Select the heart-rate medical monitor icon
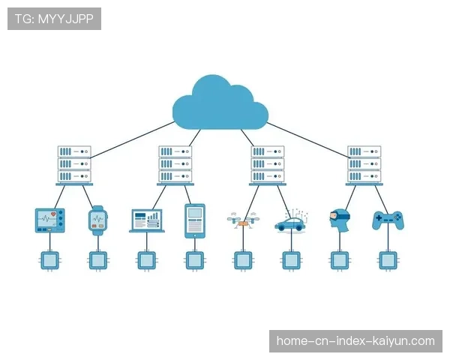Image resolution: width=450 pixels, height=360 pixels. pos(50,219)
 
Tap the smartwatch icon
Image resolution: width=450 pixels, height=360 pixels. pos(98,219)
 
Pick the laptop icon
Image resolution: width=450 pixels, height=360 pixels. pos(147,220)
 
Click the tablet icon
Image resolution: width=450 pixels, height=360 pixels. pos(195,220)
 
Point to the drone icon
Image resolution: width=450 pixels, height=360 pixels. pos(241,220)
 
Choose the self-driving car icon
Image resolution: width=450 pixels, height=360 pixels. pos(289,221)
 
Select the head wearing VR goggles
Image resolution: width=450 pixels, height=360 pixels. pos(339,218)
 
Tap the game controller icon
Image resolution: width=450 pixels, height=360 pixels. pos(388,220)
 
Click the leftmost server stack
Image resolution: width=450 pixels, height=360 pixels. pos(74,165)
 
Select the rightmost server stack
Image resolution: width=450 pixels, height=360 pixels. pos(364,165)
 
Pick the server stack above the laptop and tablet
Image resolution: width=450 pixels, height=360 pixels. pos(175,165)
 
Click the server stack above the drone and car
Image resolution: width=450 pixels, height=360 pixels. pos(267,165)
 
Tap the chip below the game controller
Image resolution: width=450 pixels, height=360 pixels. pos(388,260)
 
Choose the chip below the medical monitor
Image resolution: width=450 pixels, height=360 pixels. pos(50,260)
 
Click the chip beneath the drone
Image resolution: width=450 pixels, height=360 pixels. pos(241,260)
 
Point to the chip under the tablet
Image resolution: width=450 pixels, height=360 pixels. pos(195,260)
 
